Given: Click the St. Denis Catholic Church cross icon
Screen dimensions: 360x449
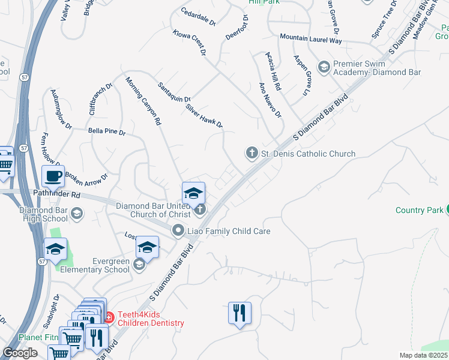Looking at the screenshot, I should [252, 154].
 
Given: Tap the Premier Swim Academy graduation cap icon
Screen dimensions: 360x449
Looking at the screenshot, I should [324, 65].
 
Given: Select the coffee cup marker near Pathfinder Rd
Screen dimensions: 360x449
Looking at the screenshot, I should [53, 176].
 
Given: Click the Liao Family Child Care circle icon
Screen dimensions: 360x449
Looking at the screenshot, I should [178, 230].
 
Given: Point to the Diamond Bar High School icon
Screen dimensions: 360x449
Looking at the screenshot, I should [76, 213].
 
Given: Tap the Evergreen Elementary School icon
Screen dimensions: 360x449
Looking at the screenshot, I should [139, 265].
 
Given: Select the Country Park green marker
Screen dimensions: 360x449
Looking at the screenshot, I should [446, 209].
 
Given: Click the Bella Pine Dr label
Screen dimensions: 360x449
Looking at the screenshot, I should [106, 131].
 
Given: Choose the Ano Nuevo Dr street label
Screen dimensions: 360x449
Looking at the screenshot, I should [270, 100].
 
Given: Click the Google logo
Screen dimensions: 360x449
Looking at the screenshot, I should [20, 353].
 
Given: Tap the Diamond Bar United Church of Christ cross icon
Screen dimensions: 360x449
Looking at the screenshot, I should [200, 209].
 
